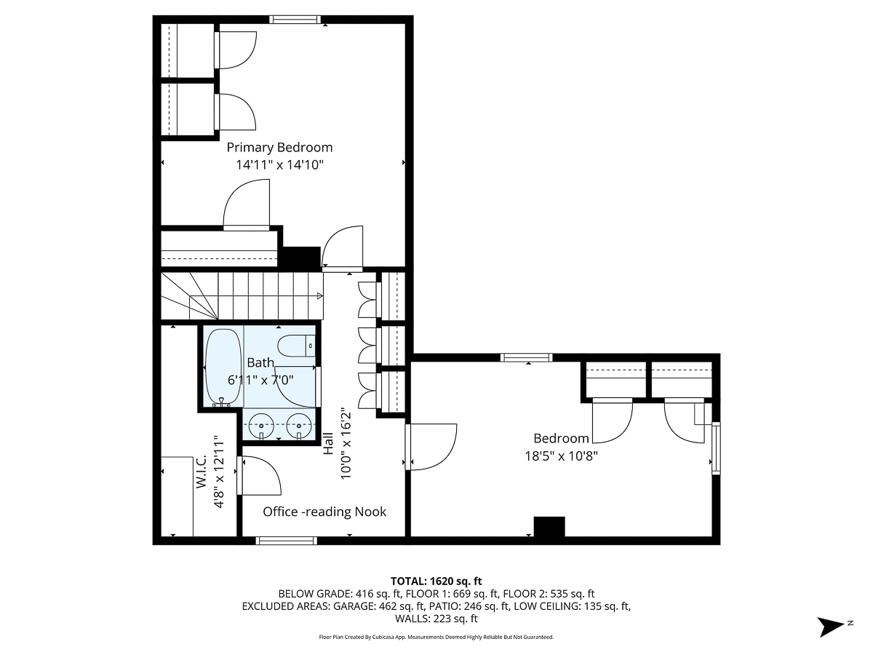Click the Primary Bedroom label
279,147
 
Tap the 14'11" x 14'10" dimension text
279,165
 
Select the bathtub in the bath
222,367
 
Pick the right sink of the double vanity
298,425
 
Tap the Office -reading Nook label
324,512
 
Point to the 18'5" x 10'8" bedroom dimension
561,456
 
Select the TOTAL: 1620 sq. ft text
436,581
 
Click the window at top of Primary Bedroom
295,20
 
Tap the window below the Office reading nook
287,541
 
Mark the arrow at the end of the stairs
319,295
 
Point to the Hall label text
328,444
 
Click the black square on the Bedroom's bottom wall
549,527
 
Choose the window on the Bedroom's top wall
527,357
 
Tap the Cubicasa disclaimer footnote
436,637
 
